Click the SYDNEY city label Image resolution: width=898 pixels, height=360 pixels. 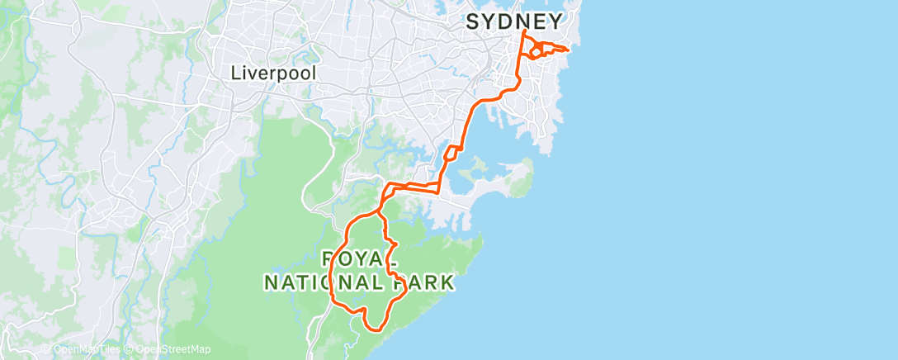[x=515, y=21]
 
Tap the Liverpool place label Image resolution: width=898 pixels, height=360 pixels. [x=272, y=73]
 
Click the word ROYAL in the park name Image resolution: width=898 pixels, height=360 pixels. [x=357, y=257]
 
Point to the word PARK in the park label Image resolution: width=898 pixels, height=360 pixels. [x=423, y=282]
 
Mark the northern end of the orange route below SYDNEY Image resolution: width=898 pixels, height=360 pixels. [x=524, y=31]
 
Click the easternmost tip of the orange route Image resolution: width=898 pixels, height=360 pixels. [x=570, y=49]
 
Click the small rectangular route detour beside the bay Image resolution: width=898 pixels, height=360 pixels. [x=451, y=154]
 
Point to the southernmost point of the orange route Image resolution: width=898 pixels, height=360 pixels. [x=375, y=329]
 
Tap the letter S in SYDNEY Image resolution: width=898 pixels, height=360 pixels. [x=473, y=21]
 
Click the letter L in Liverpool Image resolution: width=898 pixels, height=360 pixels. [x=235, y=73]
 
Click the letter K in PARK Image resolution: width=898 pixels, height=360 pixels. [x=447, y=282]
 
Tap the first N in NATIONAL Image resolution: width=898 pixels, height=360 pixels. [x=270, y=282]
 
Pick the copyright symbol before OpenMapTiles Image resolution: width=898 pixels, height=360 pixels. [x=47, y=349]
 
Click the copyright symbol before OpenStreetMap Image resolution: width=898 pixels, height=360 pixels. [x=130, y=349]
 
